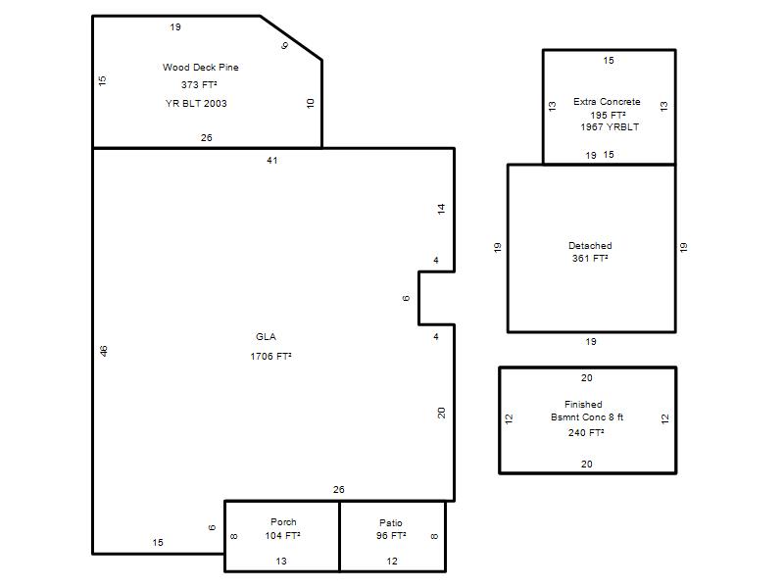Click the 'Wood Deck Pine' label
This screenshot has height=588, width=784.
(x=201, y=67)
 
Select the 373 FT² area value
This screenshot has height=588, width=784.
(x=199, y=84)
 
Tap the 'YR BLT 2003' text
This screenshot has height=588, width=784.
(x=196, y=104)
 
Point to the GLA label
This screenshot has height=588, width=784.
(x=266, y=336)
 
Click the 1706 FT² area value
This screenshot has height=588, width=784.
(x=271, y=356)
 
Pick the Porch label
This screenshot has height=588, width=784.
(x=283, y=521)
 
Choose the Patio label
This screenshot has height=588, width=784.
(x=390, y=522)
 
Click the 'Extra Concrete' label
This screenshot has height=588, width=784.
(x=607, y=102)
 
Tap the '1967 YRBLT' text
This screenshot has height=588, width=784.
(x=610, y=127)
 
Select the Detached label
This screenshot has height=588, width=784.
(x=590, y=246)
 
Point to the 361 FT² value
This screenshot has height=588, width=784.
(x=590, y=258)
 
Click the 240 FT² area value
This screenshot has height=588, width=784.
(x=586, y=432)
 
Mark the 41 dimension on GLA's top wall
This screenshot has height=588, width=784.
(x=272, y=160)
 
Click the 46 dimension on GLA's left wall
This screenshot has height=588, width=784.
(x=104, y=351)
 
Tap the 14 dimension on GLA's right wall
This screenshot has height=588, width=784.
(x=441, y=209)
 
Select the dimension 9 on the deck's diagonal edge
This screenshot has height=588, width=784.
(x=284, y=45)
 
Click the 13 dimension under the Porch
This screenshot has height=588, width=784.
(x=281, y=561)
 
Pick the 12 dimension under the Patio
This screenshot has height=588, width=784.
(x=392, y=561)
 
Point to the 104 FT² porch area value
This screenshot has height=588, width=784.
(x=282, y=535)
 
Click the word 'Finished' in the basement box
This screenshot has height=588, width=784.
(x=583, y=404)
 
